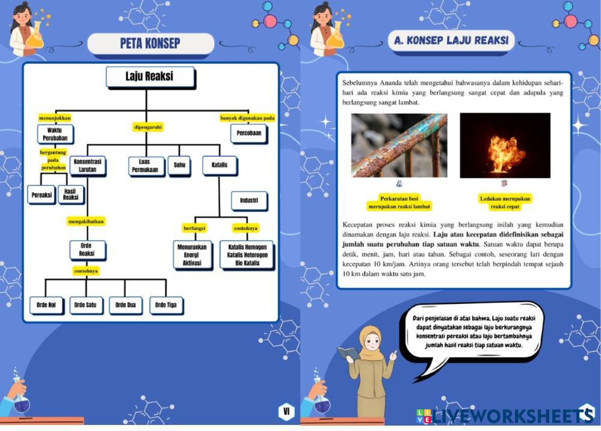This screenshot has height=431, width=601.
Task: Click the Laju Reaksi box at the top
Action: [x=150, y=77]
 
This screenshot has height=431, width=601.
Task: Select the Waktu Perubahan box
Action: [x=55, y=134]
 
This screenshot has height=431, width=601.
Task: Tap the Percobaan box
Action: [x=248, y=133]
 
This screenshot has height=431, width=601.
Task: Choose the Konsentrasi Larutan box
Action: [x=88, y=166]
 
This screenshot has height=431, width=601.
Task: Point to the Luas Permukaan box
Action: [x=147, y=166]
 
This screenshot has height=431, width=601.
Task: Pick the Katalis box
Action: [x=220, y=164]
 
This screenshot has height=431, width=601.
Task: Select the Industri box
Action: [x=249, y=200]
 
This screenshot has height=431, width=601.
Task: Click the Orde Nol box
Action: [x=46, y=305]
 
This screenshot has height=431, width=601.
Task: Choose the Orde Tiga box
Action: [x=165, y=305]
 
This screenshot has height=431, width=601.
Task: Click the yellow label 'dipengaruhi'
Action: [x=148, y=127]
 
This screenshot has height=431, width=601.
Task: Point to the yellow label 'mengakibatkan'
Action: [x=87, y=221]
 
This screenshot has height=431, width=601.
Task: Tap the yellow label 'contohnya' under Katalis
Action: [x=245, y=228]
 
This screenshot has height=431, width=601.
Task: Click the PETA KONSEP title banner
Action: [x=150, y=43]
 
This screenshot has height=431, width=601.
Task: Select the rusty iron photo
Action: [x=399, y=145]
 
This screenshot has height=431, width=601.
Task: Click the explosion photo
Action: [x=505, y=145]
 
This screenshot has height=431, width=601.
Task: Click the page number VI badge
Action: [x=286, y=412]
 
